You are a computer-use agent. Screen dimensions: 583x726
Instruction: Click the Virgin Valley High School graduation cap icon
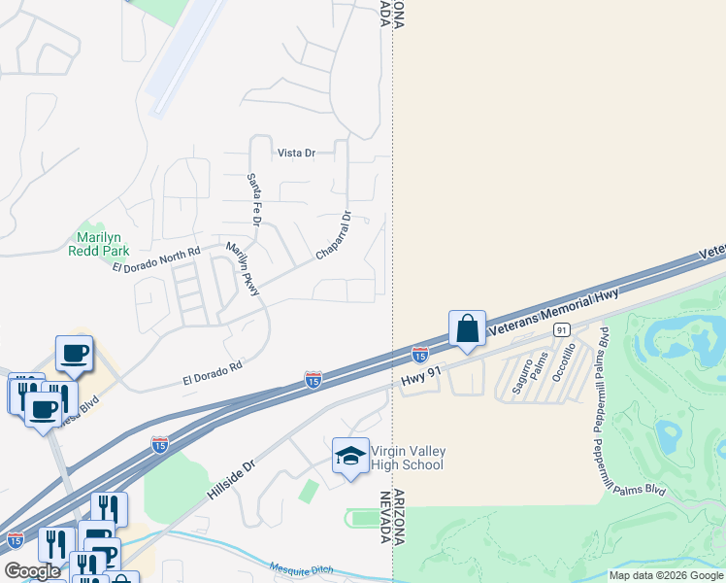pos(350,456)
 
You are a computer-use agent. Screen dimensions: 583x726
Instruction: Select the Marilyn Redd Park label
pos(99,243)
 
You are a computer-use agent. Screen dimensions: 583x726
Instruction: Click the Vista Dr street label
pos(297,153)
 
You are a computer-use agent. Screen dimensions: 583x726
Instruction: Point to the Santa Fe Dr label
pos(254,200)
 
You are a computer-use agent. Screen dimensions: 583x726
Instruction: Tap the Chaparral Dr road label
pos(332,236)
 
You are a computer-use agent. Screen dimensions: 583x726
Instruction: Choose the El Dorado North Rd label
pos(155,259)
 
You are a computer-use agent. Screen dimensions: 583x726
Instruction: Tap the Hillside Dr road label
pos(229,480)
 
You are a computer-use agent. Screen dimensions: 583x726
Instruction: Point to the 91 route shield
pos(561,331)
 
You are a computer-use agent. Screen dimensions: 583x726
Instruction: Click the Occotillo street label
pos(571,360)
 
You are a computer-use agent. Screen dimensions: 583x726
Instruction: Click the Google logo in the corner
pos(32,571)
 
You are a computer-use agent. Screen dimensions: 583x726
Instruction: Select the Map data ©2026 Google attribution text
pos(666,575)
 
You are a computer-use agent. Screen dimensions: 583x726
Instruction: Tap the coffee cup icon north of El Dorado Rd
pos(74,353)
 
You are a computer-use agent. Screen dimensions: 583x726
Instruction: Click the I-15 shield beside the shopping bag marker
pos(420,355)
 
